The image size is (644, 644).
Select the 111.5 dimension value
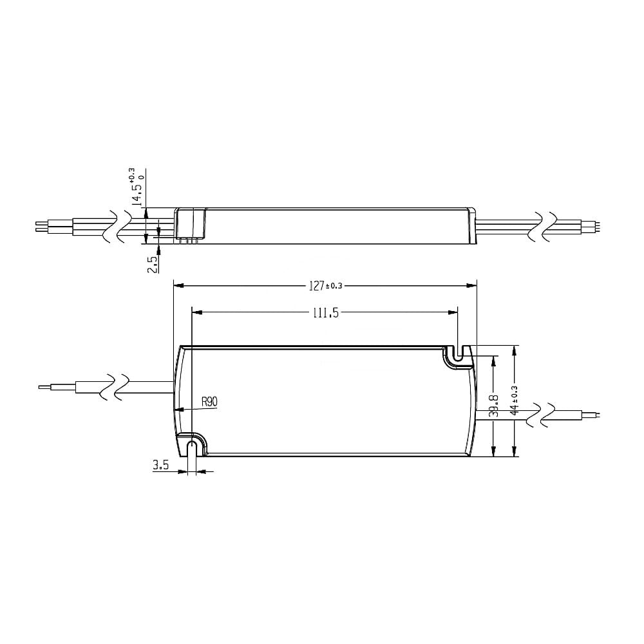[x=326, y=313]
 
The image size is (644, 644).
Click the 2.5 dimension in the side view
[x=152, y=263]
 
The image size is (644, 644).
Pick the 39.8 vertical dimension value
[x=493, y=404]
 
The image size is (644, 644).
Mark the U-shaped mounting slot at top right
[x=458, y=355]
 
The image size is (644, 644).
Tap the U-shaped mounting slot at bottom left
[x=191, y=446]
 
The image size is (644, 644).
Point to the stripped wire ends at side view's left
[x=41, y=227]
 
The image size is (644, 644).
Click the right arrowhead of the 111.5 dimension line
[x=453, y=313]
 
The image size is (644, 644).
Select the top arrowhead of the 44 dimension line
[x=514, y=349]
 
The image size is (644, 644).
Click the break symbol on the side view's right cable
[x=543, y=227]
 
